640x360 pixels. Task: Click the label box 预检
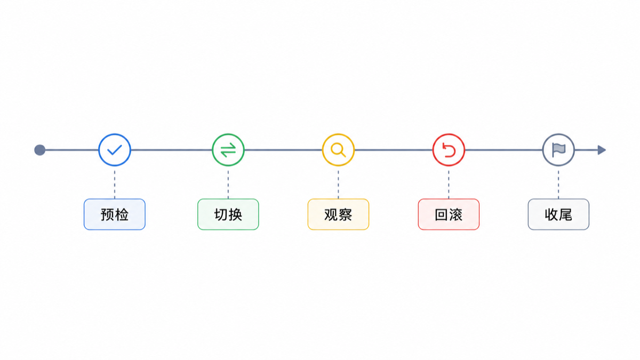(x=115, y=214)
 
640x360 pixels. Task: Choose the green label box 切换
(x=228, y=214)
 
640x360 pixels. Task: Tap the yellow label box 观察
(x=338, y=214)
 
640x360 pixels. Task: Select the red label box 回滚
(x=449, y=214)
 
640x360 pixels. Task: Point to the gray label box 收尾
(x=558, y=214)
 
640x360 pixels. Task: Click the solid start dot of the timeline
(x=39, y=150)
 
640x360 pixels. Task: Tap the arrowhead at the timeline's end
(x=602, y=150)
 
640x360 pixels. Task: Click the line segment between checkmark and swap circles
(x=171, y=150)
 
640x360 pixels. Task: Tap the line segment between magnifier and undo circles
(x=394, y=150)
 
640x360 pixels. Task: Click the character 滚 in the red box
(x=455, y=214)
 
